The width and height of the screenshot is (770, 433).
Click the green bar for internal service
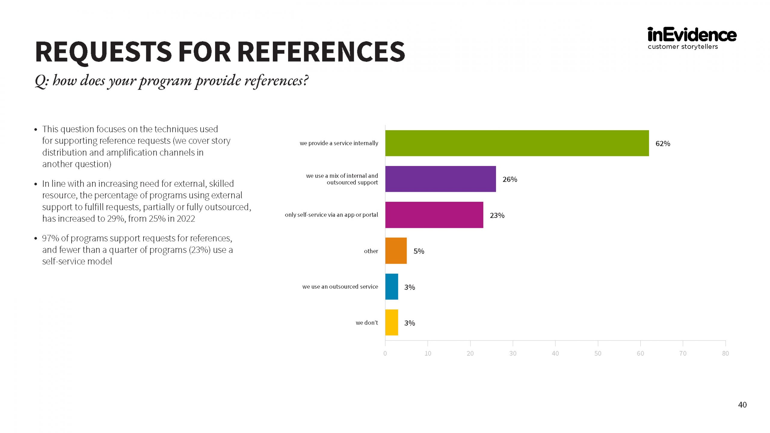(x=517, y=143)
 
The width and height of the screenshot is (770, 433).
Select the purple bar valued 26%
(x=440, y=179)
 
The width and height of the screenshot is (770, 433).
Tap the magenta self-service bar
(x=434, y=215)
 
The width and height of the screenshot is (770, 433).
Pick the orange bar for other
(x=396, y=251)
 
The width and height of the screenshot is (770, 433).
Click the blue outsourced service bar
(x=392, y=287)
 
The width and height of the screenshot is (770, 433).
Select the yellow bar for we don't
(x=392, y=322)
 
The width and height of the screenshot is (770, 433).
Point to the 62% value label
(x=663, y=143)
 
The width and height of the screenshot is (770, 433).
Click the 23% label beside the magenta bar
(x=497, y=215)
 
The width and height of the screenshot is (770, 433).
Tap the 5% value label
(x=419, y=251)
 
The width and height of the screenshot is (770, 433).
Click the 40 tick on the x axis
(x=555, y=353)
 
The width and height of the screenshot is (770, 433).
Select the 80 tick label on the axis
(x=725, y=353)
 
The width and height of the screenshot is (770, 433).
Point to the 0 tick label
(x=385, y=353)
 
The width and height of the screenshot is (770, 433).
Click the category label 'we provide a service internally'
(x=339, y=143)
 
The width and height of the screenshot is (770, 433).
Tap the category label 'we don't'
(x=367, y=323)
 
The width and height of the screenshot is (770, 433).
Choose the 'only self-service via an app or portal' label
(x=331, y=215)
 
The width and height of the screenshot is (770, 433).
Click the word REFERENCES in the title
(x=321, y=52)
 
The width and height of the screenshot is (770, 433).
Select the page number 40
(x=742, y=405)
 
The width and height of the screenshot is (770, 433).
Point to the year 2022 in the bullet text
(x=186, y=219)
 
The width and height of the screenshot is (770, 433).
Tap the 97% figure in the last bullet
(x=50, y=238)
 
